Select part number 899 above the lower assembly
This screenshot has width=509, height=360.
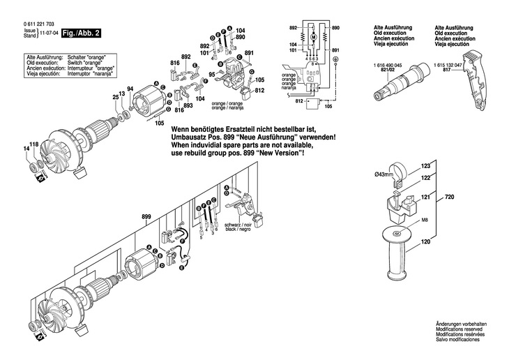(146, 217)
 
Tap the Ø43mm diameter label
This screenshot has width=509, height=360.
(384, 174)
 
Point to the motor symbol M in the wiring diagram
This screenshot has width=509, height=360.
(313, 36)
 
